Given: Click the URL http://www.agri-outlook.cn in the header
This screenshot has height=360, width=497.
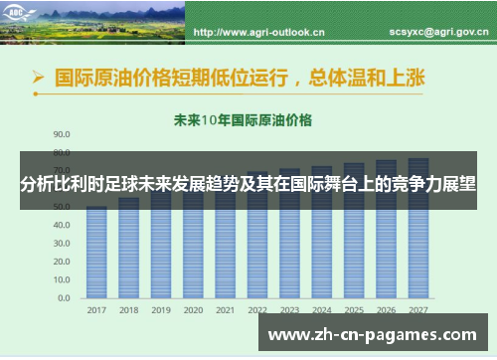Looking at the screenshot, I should [x=258, y=32].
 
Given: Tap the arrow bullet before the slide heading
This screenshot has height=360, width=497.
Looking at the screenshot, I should [x=38, y=76].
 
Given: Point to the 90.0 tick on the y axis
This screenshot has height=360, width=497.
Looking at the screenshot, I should [x=62, y=132].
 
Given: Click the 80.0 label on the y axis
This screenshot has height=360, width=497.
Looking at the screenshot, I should [x=62, y=151].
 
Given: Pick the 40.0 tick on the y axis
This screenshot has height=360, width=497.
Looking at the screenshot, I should [x=62, y=225].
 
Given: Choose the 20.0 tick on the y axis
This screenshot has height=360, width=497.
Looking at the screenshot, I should [x=62, y=262].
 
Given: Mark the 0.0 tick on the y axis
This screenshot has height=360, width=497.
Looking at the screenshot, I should [x=65, y=297].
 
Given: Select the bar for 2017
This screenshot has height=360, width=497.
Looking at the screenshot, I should [x=96, y=254].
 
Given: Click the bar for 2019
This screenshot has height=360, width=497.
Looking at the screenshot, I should [x=161, y=249].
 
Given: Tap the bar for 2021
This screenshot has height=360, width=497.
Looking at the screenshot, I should [x=225, y=249].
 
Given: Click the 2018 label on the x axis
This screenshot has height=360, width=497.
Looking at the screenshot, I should [x=129, y=310].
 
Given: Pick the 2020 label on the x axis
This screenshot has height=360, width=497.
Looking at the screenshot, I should [x=193, y=310].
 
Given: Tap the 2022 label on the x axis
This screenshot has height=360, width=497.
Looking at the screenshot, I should [x=257, y=310].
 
